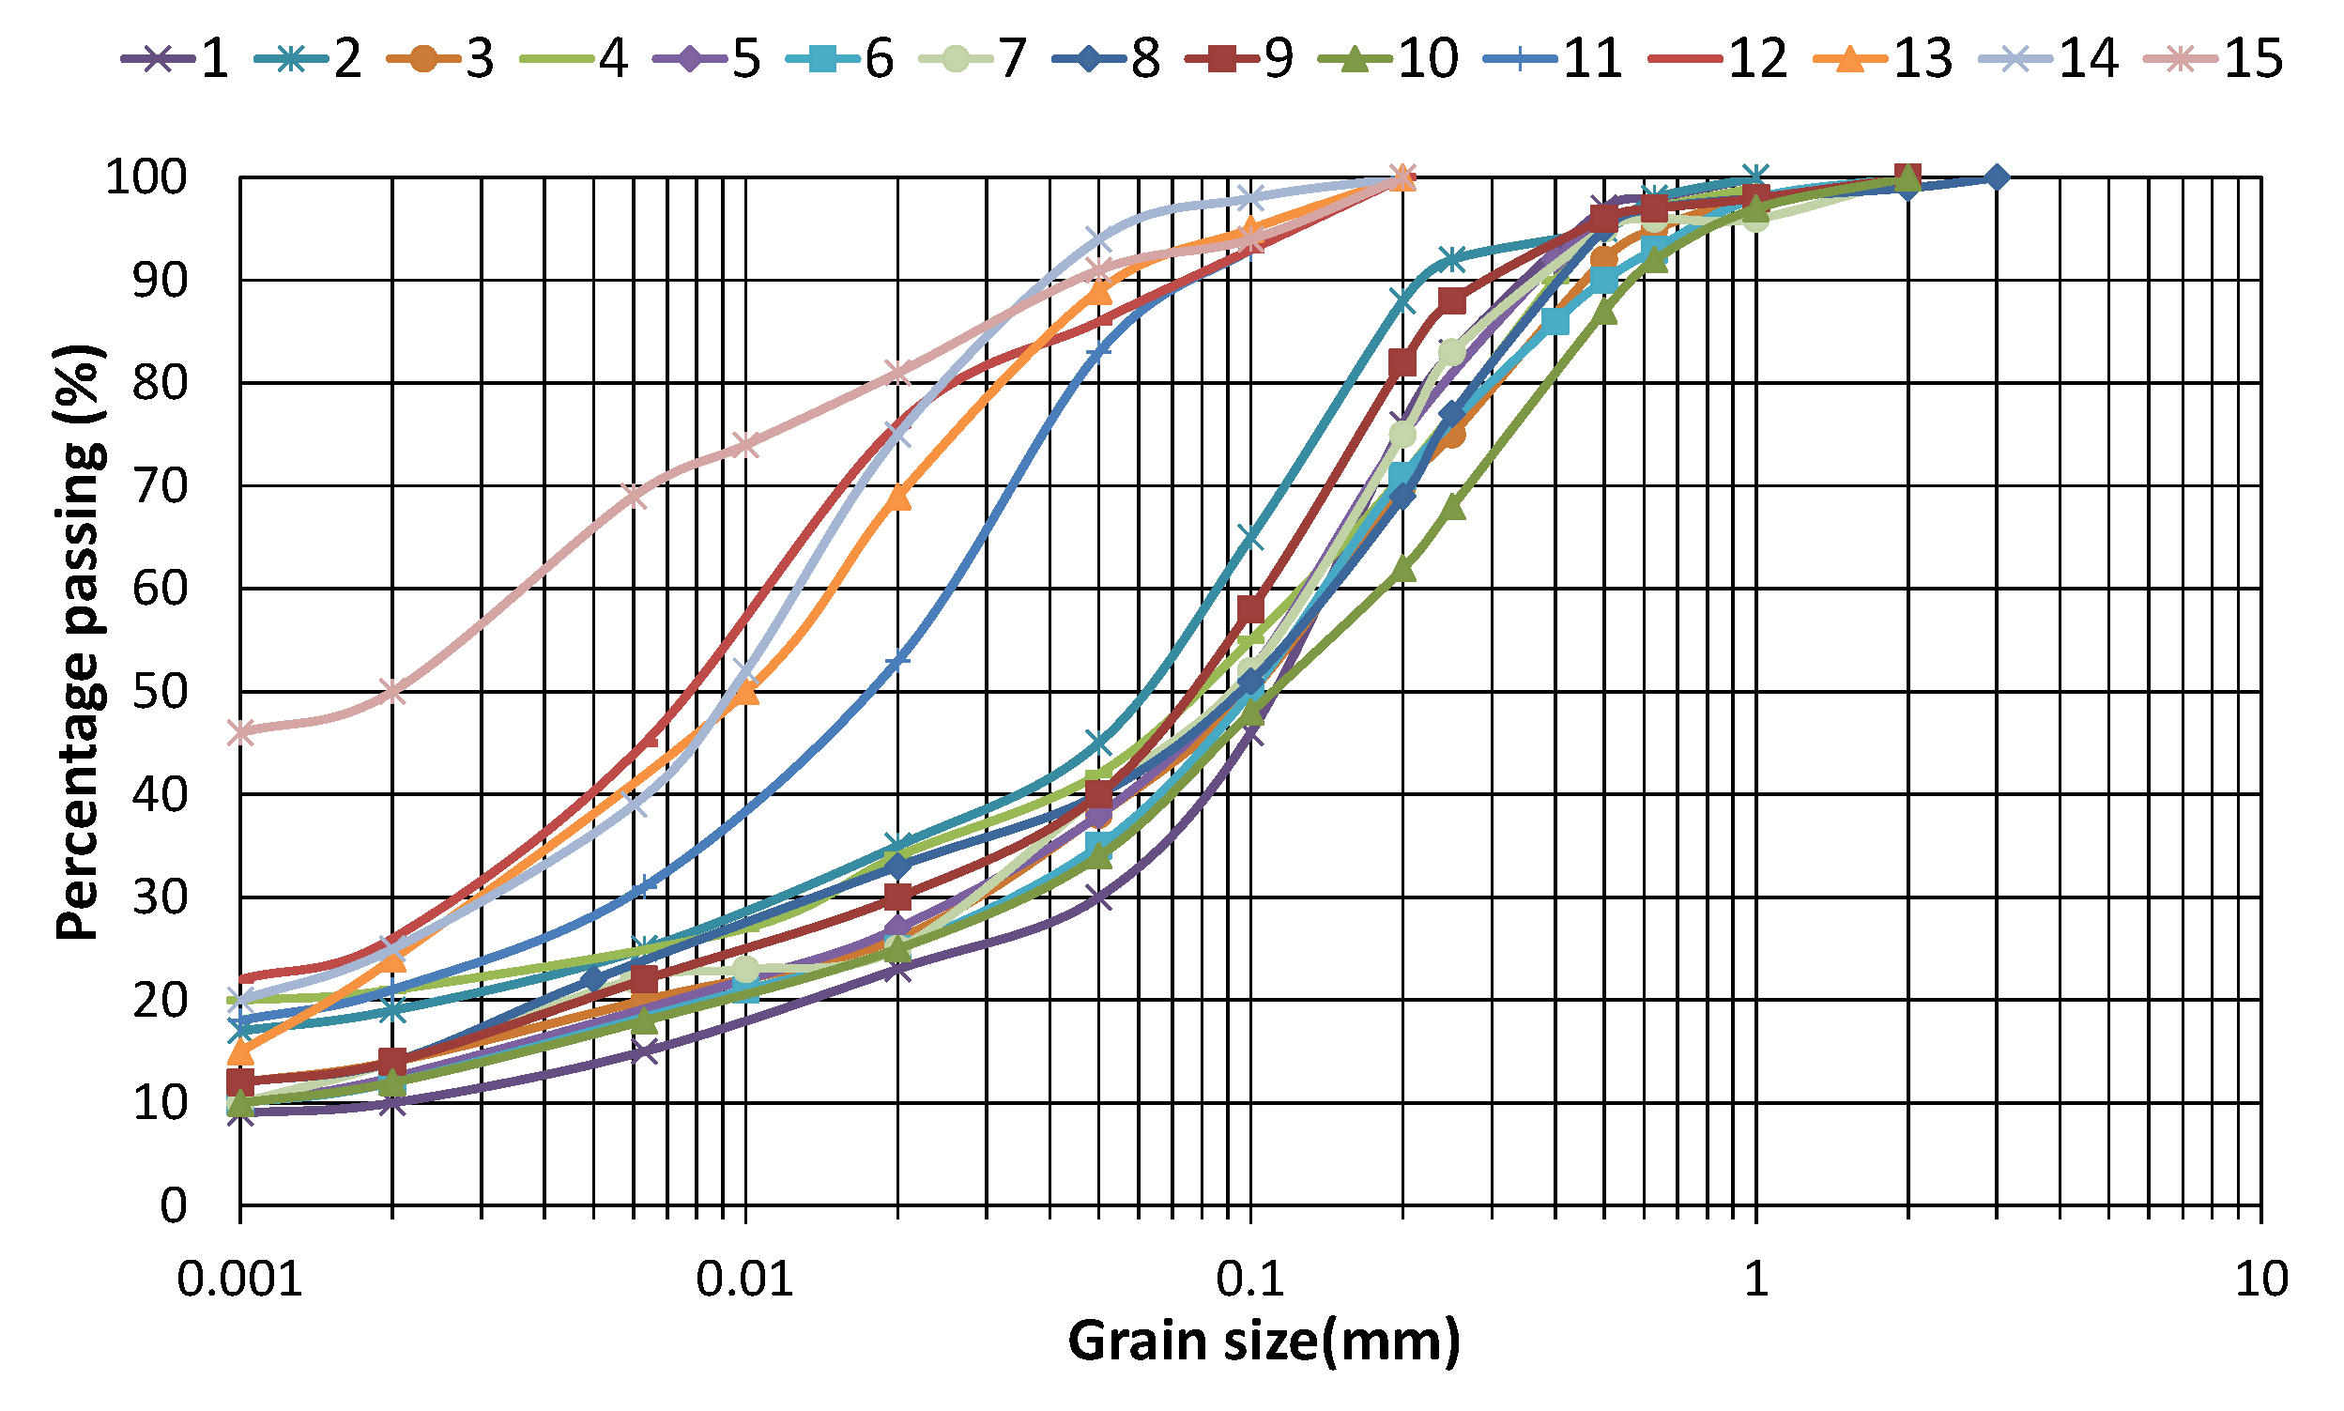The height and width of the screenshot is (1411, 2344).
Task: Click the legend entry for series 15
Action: point(2214,59)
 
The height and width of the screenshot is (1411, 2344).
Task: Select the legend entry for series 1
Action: point(176,59)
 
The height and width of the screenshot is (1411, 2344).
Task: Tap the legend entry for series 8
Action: point(1108,59)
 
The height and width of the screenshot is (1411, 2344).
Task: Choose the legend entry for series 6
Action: point(841,59)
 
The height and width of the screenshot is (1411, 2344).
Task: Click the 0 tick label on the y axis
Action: point(172,1205)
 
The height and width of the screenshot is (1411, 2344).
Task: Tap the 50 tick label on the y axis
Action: point(159,691)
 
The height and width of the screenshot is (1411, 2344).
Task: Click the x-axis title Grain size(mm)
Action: point(1264,1342)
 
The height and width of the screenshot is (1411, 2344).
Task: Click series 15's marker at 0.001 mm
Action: point(241,732)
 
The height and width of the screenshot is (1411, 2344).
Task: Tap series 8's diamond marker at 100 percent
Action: point(1996,177)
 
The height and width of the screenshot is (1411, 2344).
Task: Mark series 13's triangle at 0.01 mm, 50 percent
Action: point(746,691)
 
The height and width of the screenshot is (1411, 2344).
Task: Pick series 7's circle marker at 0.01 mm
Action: point(746,970)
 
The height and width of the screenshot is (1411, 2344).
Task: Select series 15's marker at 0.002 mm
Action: point(392,691)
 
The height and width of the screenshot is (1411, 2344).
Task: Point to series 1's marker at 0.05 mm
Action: point(1098,897)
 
